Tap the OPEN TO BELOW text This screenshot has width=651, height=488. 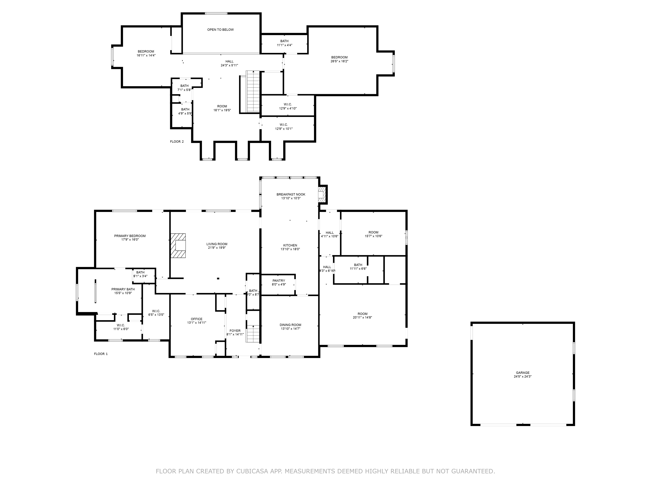click(220, 30)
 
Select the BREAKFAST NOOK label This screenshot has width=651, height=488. click(291, 194)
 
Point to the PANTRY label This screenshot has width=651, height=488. click(279, 281)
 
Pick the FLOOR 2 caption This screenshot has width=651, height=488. click(177, 142)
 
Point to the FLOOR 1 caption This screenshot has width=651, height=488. click(101, 354)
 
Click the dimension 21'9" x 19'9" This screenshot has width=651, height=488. click(217, 248)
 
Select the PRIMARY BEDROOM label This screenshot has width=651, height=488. click(130, 236)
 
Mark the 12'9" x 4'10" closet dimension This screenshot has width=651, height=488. click(288, 108)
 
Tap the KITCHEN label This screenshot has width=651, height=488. click(290, 245)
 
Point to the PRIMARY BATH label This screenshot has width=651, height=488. click(123, 289)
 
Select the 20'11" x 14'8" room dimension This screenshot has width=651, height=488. click(363, 317)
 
